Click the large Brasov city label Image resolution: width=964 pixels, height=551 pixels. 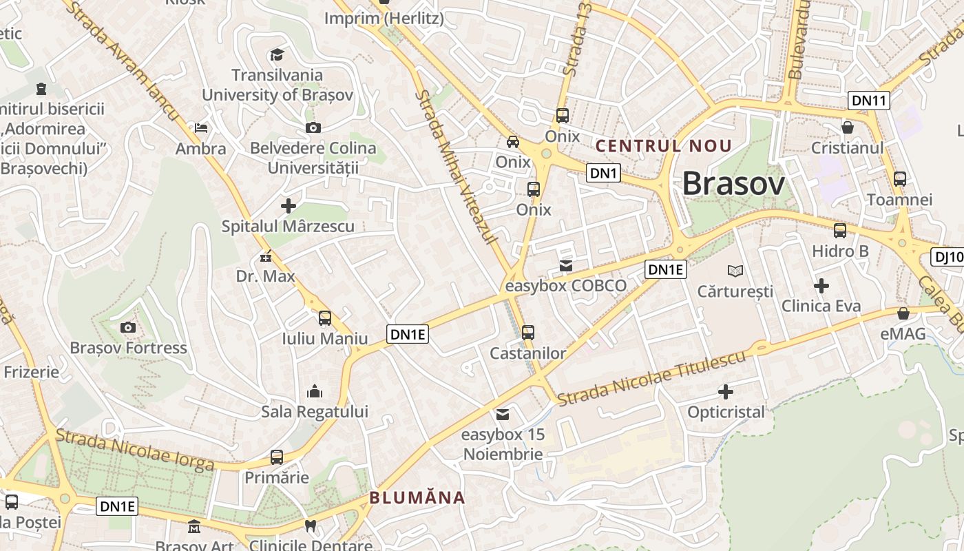pyautogui.click(x=733, y=184)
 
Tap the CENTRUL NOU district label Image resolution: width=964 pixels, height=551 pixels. pyautogui.click(x=664, y=146)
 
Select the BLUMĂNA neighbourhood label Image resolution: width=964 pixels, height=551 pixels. pyautogui.click(x=417, y=497)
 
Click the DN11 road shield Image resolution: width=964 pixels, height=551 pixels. pyautogui.click(x=868, y=101)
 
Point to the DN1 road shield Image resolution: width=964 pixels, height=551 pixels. pyautogui.click(x=603, y=173)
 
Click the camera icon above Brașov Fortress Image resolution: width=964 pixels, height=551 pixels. pyautogui.click(x=127, y=327)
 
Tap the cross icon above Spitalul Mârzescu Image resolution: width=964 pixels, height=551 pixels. pyautogui.click(x=289, y=205)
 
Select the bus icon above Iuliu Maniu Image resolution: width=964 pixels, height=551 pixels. pyautogui.click(x=324, y=318)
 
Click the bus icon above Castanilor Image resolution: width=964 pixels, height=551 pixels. pyautogui.click(x=528, y=333)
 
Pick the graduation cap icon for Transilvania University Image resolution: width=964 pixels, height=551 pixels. pyautogui.click(x=277, y=54)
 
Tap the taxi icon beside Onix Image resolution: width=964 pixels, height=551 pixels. pyautogui.click(x=513, y=142)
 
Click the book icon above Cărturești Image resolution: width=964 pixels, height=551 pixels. pyautogui.click(x=735, y=271)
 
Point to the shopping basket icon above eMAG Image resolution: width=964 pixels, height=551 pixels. pyautogui.click(x=903, y=313)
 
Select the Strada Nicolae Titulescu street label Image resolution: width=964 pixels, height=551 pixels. pyautogui.click(x=651, y=379)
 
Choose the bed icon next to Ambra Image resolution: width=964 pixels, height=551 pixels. pyautogui.click(x=201, y=128)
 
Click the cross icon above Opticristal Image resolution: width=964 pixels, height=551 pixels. pyautogui.click(x=726, y=392)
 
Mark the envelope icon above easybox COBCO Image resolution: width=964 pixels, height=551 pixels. pyautogui.click(x=566, y=265)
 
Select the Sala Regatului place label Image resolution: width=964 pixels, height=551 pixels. pyautogui.click(x=315, y=412)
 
